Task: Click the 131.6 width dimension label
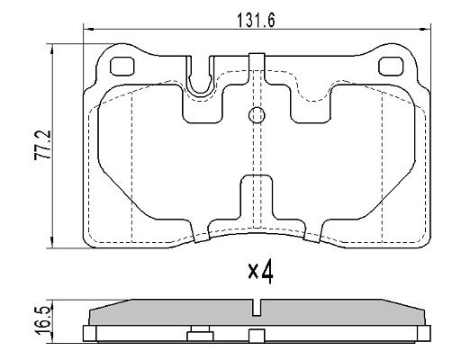(256, 21)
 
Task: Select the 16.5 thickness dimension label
(41, 320)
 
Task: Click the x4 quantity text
(260, 272)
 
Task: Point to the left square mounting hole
(122, 67)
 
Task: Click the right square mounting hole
(391, 67)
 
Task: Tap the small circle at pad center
(257, 115)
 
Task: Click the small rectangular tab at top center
(257, 62)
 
